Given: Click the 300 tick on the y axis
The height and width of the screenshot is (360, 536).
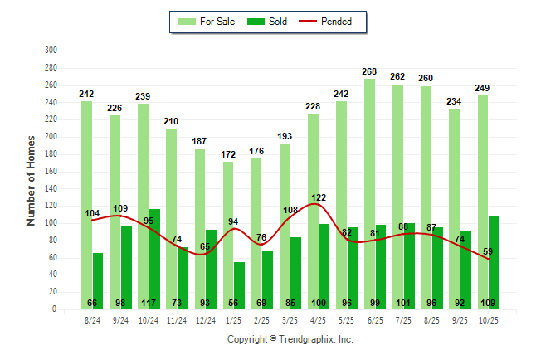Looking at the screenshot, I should point(51,51).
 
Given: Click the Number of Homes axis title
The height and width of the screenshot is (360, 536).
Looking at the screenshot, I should point(31,180).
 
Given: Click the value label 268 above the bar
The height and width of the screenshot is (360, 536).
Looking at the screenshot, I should point(369,72).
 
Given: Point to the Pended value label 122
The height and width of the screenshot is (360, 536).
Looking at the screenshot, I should point(319,197).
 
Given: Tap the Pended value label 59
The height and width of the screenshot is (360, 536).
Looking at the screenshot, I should point(488,251).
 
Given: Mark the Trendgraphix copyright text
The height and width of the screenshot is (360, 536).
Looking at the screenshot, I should point(290,339).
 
